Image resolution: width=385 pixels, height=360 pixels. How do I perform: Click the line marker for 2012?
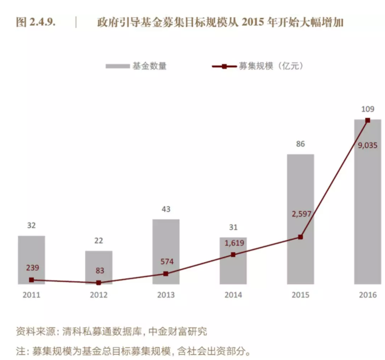99,283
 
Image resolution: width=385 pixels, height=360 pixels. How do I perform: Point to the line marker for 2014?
233,254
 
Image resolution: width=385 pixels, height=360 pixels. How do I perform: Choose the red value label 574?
166,261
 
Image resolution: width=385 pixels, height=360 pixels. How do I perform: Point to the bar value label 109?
367,109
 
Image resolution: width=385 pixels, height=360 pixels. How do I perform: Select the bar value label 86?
300,144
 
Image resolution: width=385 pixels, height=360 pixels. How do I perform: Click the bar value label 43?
166,209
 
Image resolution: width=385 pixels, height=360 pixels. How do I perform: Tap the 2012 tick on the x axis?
99,295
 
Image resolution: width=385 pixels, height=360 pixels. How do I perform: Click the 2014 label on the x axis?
233,295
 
